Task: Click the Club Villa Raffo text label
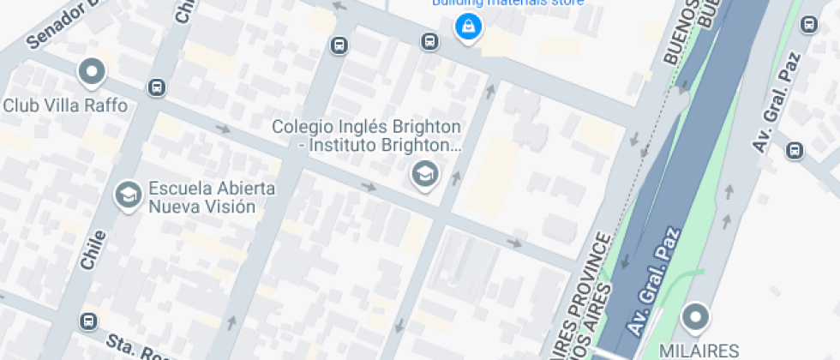coord(65,105)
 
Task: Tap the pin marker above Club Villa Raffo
coord(91,72)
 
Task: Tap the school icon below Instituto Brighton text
coord(423,175)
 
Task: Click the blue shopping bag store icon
coord(468,27)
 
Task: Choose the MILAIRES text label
coord(699,350)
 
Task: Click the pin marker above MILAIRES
coord(695,318)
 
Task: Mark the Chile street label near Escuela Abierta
coord(93,249)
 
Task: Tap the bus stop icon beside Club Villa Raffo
coord(156,87)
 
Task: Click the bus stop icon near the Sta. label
coord(87,321)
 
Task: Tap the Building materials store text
coord(507,3)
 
